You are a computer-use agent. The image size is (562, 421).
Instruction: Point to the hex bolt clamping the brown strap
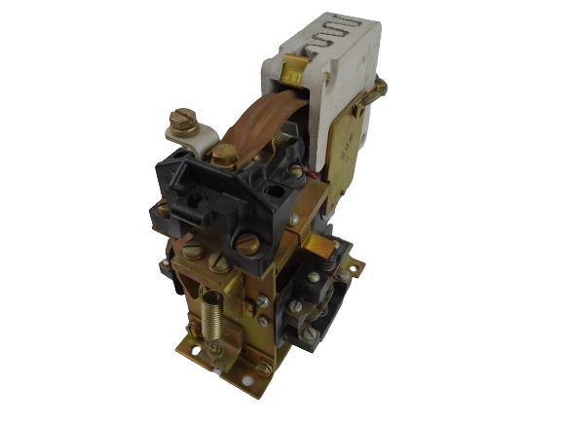click(223, 154)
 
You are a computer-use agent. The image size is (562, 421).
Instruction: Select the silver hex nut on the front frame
click(265, 321)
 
